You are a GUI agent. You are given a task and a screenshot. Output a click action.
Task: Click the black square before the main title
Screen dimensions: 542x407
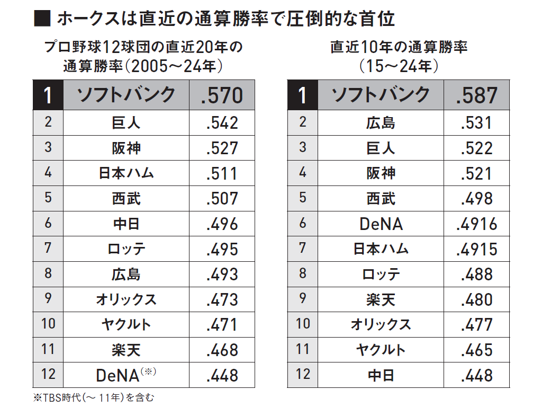[42, 19]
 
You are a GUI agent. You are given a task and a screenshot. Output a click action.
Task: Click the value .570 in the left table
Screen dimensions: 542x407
[222, 95]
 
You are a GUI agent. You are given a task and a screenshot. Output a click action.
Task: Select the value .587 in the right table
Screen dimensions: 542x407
[476, 95]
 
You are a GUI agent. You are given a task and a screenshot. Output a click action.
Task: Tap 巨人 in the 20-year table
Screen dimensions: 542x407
[126, 123]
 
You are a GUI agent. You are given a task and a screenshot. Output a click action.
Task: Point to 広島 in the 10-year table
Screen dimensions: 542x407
[381, 123]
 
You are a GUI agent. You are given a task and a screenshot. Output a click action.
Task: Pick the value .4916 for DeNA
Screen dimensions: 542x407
[477, 224]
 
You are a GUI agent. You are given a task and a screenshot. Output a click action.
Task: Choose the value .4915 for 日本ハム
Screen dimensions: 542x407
[477, 250]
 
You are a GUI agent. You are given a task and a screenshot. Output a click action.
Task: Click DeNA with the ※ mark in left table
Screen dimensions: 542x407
[126, 375]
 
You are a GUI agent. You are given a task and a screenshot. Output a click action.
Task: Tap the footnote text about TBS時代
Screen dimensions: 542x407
[94, 397]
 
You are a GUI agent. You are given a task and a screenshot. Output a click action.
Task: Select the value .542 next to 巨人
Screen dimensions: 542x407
[222, 123]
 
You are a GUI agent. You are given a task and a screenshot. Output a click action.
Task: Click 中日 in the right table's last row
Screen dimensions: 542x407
[381, 376]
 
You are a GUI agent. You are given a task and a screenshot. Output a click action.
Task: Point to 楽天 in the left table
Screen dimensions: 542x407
[126, 350]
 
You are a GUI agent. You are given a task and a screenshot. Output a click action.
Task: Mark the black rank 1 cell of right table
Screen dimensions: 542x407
[302, 95]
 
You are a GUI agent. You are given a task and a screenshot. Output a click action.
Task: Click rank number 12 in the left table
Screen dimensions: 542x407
[48, 374]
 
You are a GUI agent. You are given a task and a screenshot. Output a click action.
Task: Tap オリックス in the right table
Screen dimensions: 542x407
[381, 325]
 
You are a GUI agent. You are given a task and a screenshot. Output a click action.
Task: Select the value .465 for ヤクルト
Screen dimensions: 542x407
[477, 350]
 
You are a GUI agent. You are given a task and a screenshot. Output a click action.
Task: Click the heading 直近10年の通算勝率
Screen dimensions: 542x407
[399, 47]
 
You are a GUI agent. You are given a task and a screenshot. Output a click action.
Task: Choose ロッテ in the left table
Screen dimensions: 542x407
[126, 249]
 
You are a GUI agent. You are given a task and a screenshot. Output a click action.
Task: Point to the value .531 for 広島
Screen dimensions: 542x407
[477, 123]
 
